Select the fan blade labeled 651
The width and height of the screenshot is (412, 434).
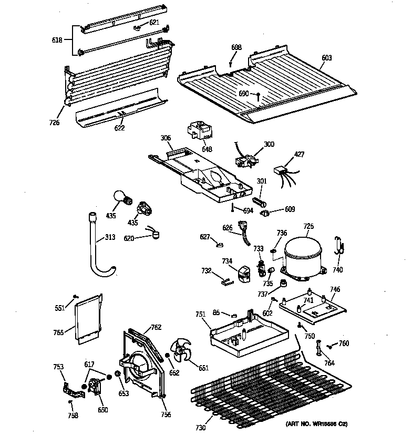[180, 351]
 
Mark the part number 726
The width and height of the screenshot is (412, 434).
[55, 123]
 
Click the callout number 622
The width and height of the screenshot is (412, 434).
[120, 128]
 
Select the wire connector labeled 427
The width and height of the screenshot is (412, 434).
[281, 170]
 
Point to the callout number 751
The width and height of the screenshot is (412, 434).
[200, 315]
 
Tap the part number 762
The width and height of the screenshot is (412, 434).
[156, 326]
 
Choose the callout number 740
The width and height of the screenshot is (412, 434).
[337, 270]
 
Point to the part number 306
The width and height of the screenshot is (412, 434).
[166, 138]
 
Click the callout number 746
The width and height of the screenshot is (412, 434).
[335, 290]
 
